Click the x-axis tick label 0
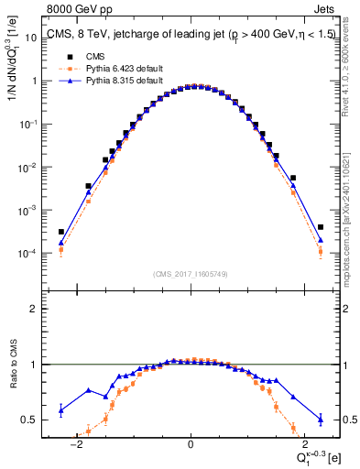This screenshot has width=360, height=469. (191, 446)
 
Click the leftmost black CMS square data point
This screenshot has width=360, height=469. (60, 232)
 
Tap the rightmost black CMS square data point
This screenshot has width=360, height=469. (321, 227)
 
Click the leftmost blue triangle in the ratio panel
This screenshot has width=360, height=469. (60, 410)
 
